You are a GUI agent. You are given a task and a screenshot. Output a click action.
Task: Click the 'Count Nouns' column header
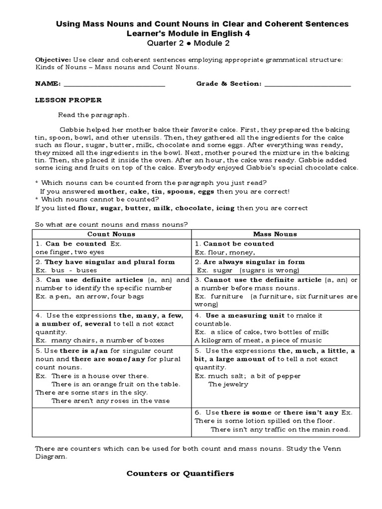tap(111, 234)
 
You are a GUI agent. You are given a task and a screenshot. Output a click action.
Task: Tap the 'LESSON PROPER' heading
tap(68, 100)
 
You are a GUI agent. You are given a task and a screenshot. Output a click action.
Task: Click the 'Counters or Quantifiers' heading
tap(180, 474)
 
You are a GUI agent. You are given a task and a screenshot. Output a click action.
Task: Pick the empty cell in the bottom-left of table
tap(111, 421)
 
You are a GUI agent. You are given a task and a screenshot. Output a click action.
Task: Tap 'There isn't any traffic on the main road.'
tap(280, 429)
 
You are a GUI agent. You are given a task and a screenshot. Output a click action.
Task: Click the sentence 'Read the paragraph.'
tap(94, 115)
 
